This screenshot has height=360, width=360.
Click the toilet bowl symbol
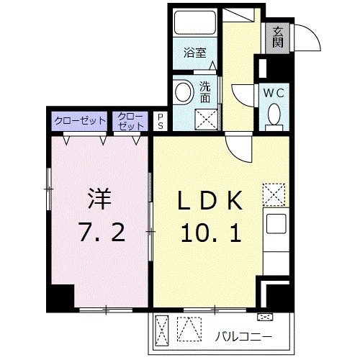(x=274, y=115)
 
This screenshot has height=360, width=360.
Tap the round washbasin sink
(x=183, y=92)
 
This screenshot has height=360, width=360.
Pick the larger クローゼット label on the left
(x=78, y=120)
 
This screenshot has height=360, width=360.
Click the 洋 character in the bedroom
(x=98, y=197)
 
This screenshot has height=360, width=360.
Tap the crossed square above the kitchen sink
(x=274, y=193)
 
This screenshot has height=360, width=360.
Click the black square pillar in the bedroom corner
(x=61, y=296)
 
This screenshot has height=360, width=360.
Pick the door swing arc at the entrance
(x=308, y=36)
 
